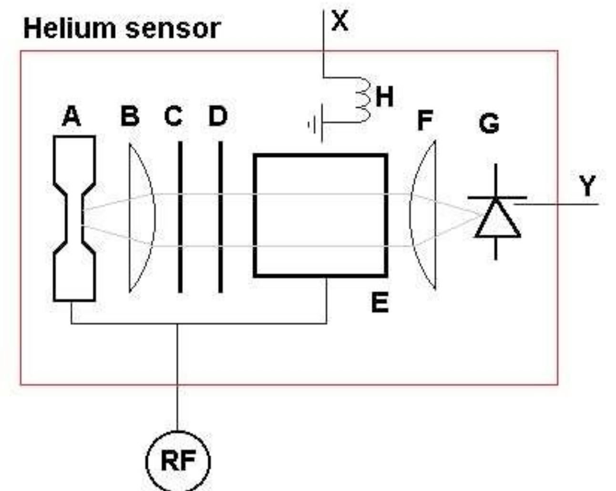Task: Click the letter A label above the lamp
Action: tap(72, 116)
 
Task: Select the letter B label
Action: tap(130, 116)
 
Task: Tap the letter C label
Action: tap(174, 116)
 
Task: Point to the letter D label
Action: tap(218, 116)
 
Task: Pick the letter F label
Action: tap(425, 120)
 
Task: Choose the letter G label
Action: tap(489, 123)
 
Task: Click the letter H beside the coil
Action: tap(385, 97)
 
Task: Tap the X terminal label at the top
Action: tap(339, 21)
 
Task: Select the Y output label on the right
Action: tap(587, 186)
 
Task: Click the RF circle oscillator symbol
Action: tap(177, 461)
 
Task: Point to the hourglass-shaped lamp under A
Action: tap(74, 218)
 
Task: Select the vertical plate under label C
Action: tap(180, 217)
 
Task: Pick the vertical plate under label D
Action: tap(220, 217)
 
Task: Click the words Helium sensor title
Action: tap(122, 29)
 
